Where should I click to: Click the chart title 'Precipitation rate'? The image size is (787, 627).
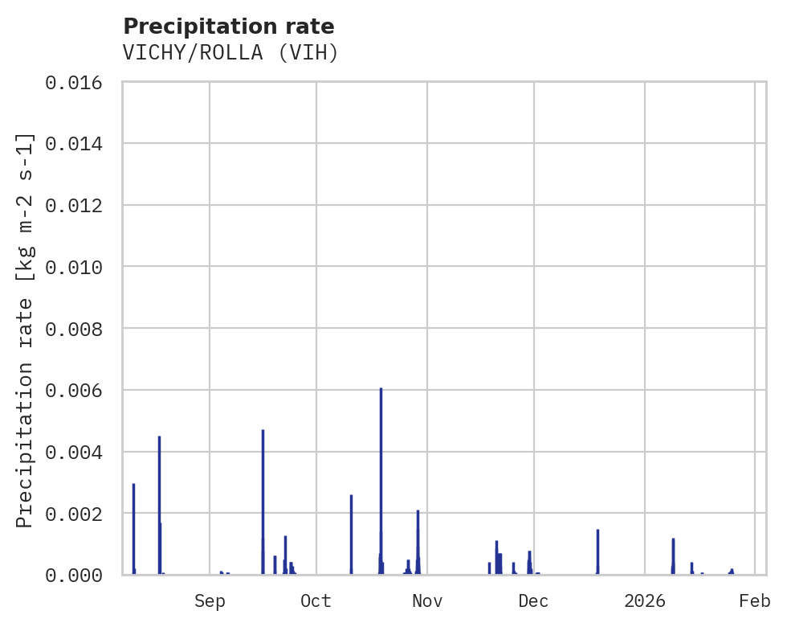tap(228, 27)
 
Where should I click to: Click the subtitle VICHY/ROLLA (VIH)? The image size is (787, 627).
tap(230, 53)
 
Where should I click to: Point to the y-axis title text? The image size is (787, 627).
tap(25, 330)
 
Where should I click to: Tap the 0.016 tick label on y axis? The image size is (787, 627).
tap(73, 83)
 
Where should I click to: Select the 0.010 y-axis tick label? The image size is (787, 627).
tap(73, 267)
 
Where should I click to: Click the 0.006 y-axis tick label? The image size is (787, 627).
tap(73, 391)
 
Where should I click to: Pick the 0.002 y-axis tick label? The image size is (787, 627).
tap(73, 514)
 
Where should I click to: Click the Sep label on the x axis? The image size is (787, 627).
tap(210, 600)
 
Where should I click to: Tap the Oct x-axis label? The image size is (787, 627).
tap(316, 600)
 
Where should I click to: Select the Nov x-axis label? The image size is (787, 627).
tap(427, 600)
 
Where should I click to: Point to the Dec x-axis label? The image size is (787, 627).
tap(533, 600)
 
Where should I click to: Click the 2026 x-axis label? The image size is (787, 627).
tap(645, 600)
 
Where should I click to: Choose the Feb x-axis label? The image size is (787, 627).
tap(755, 600)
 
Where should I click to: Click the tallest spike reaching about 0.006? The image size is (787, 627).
tap(381, 482)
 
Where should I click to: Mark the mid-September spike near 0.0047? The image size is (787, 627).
tap(263, 502)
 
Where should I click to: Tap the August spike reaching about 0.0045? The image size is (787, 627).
tap(159, 506)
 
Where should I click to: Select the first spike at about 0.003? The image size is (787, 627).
tap(133, 531)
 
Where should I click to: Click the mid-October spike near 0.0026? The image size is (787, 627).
tap(351, 535)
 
